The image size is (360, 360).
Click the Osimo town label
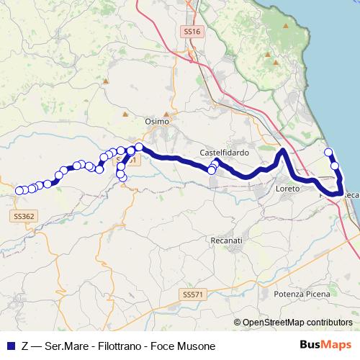coord(156,122)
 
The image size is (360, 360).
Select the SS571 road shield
coord(192,274)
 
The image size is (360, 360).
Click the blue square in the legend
coord(10,346)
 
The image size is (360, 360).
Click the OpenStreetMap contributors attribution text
coord(297,322)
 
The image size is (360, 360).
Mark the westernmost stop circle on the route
coord(19,191)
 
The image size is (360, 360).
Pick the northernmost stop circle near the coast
coord(328,152)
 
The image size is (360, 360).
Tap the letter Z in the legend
coord(26,346)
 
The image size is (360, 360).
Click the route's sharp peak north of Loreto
coord(284,151)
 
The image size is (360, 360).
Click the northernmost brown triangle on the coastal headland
coord(287,26)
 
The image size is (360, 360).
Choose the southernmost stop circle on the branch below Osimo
coord(122,177)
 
